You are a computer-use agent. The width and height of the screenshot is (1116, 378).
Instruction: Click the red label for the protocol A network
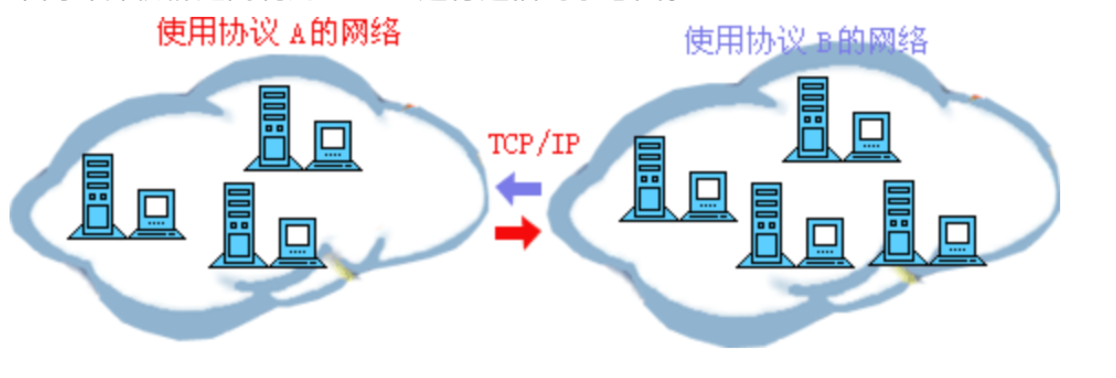[279, 32]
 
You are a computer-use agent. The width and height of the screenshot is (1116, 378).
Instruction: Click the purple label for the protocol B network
[806, 40]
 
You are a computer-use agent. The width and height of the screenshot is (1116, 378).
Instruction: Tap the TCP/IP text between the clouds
[534, 144]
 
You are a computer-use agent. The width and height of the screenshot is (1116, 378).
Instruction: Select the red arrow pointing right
[518, 234]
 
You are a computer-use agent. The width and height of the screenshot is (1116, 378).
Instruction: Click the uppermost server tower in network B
[812, 118]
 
